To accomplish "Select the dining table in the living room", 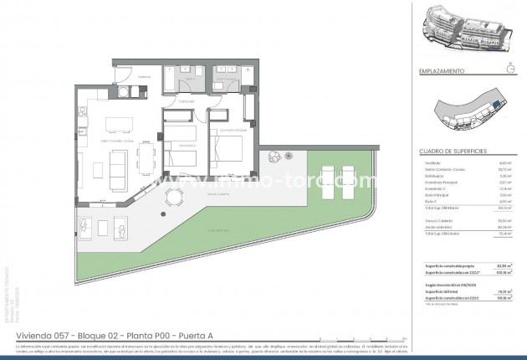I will point(147,161).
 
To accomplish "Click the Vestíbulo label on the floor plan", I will point(143,76).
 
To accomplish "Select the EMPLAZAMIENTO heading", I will point(441,71).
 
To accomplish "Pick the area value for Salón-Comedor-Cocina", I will point(504,169).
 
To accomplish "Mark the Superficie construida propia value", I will point(503,265).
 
